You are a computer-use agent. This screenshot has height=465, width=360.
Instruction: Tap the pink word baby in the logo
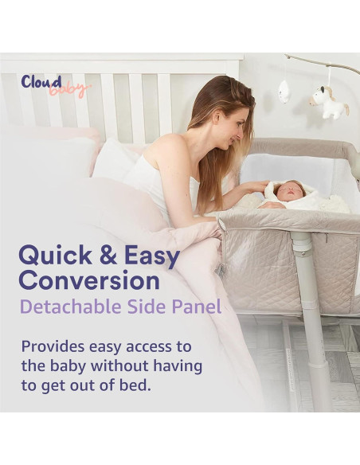coord(69,90)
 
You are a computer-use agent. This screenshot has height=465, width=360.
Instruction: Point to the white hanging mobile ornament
coord(284,92)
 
